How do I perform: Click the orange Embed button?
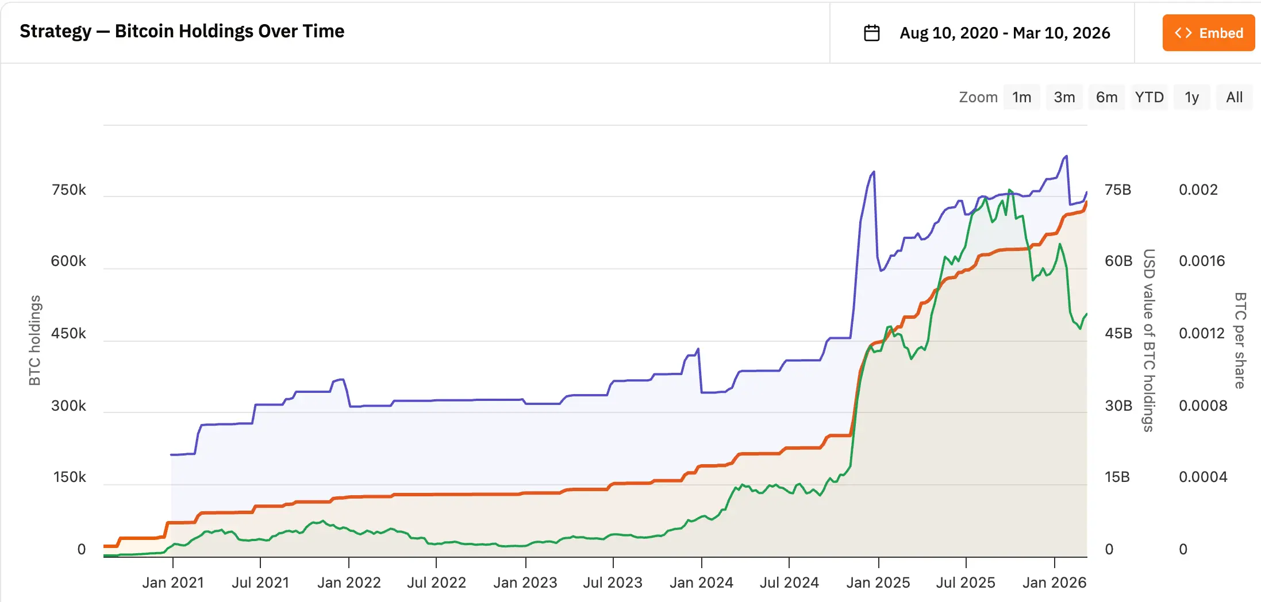[1208, 33]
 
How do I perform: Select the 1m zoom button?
[1021, 97]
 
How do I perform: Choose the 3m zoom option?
[1064, 97]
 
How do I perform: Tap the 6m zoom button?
[1106, 97]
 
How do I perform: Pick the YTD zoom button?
[1149, 97]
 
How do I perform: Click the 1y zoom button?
[1191, 97]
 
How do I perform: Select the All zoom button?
[1234, 97]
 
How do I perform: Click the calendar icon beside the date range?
[871, 33]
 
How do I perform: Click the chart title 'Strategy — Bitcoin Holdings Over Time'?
[182, 31]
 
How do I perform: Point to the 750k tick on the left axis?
[68, 190]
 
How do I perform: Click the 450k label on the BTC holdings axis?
[68, 334]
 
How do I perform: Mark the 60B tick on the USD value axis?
[1118, 261]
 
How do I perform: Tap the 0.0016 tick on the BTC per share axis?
[1201, 261]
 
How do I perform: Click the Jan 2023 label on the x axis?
[525, 582]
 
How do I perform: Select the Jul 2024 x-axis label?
[789, 582]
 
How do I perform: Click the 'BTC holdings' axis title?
[35, 340]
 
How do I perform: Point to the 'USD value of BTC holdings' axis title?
[1148, 340]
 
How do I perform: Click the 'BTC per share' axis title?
[1240, 340]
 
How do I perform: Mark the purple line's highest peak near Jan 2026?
[1066, 156]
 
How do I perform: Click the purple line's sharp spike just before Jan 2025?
[874, 172]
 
